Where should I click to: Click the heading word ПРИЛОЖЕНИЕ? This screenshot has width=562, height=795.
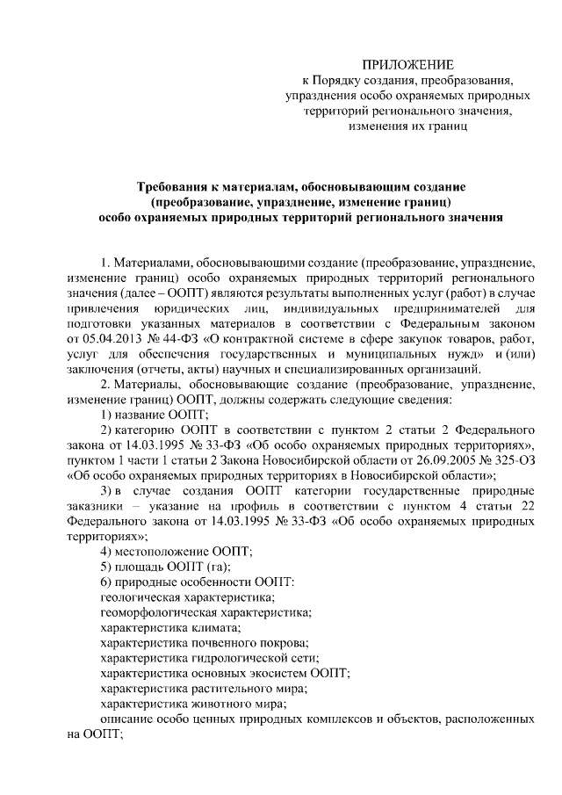(x=409, y=64)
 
